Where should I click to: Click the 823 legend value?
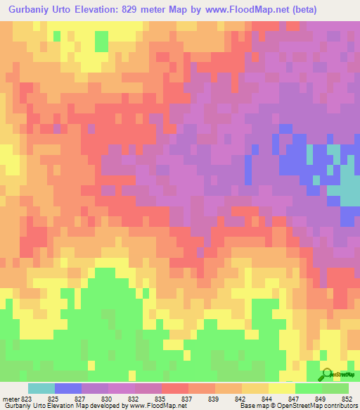click(x=27, y=399)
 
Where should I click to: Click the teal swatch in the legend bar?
click(x=41, y=388)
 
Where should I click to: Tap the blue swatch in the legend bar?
click(x=68, y=388)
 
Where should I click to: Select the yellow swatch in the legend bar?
click(x=281, y=388)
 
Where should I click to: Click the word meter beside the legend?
click(x=11, y=399)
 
